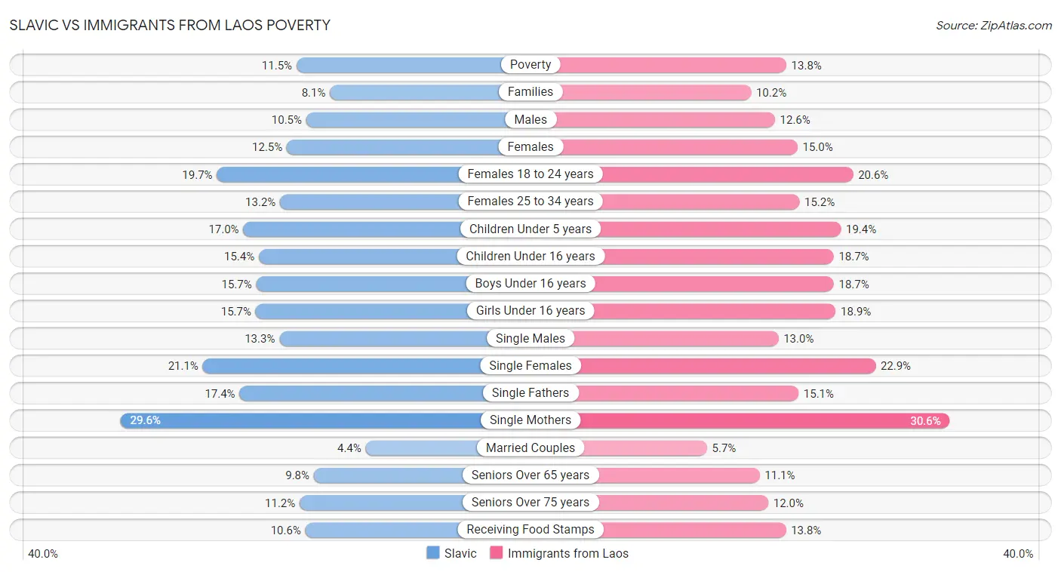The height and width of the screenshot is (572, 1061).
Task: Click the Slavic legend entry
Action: point(451,553)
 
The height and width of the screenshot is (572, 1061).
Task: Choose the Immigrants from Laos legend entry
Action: point(559,553)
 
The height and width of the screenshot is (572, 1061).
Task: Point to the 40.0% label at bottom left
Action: point(43,554)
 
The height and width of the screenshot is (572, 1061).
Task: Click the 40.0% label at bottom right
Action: point(1018,554)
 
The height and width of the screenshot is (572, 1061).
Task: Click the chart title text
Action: point(170,25)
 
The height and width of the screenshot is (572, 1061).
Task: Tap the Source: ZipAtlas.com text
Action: point(993,26)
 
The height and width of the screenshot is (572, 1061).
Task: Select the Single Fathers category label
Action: point(530,393)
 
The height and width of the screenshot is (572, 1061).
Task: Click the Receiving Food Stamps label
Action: point(530,530)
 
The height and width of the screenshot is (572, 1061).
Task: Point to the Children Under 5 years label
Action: point(530,229)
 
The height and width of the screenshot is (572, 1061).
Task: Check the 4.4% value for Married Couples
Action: point(349,448)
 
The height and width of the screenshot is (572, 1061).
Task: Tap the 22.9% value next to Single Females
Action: point(896,366)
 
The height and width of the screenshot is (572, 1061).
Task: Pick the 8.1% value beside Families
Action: point(313,93)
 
